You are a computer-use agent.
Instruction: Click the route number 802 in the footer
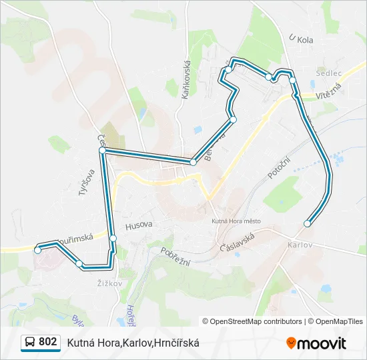click(x=47, y=342)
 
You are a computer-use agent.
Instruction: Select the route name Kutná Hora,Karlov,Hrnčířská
click(x=133, y=343)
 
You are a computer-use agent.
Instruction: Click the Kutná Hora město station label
click(x=236, y=221)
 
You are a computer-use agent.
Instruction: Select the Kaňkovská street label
click(x=186, y=78)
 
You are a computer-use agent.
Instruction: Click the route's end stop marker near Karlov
click(x=307, y=224)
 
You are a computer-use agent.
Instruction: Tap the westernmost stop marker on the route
click(x=38, y=250)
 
